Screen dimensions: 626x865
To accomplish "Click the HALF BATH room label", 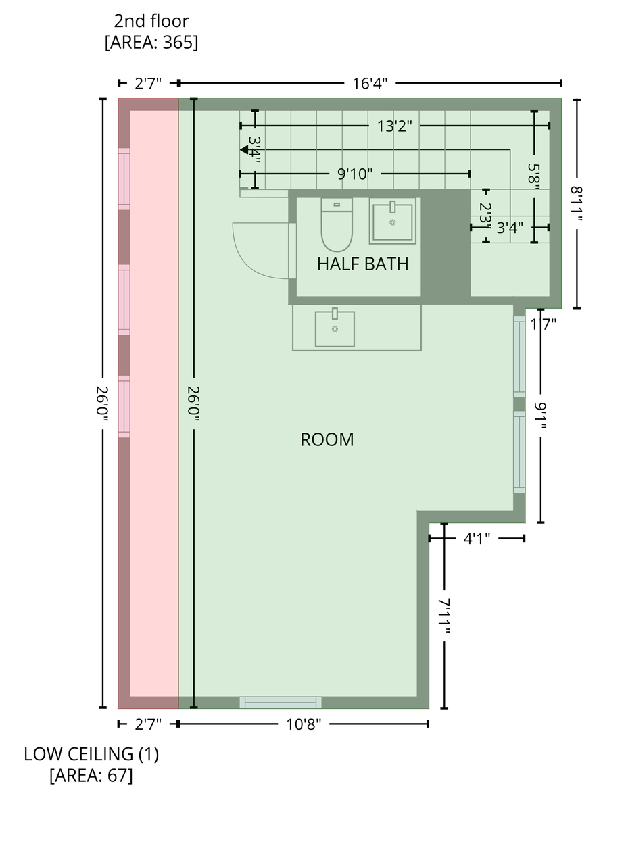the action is [363, 264].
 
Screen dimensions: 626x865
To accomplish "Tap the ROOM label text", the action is [327, 439].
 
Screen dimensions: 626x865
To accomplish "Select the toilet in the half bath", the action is [337, 225].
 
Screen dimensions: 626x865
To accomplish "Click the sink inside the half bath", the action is [393, 222].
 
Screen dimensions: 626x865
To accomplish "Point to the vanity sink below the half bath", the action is [335, 329].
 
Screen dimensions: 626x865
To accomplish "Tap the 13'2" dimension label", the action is [395, 126].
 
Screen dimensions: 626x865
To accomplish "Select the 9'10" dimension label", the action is [355, 174].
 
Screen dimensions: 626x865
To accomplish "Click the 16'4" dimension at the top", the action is [370, 83].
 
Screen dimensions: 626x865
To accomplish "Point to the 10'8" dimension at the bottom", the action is [304, 724].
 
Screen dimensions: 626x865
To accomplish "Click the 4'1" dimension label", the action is [477, 539].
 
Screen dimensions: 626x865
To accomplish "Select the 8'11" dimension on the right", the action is [577, 203].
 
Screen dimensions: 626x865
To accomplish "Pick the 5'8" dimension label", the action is [535, 176].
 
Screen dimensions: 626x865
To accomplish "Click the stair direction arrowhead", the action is [244, 149].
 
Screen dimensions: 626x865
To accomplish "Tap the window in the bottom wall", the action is [281, 702].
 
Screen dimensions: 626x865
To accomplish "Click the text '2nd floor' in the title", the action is [151, 21].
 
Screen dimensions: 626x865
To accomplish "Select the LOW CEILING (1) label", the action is [91, 754].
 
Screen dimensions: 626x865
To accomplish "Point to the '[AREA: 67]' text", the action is [91, 775].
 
